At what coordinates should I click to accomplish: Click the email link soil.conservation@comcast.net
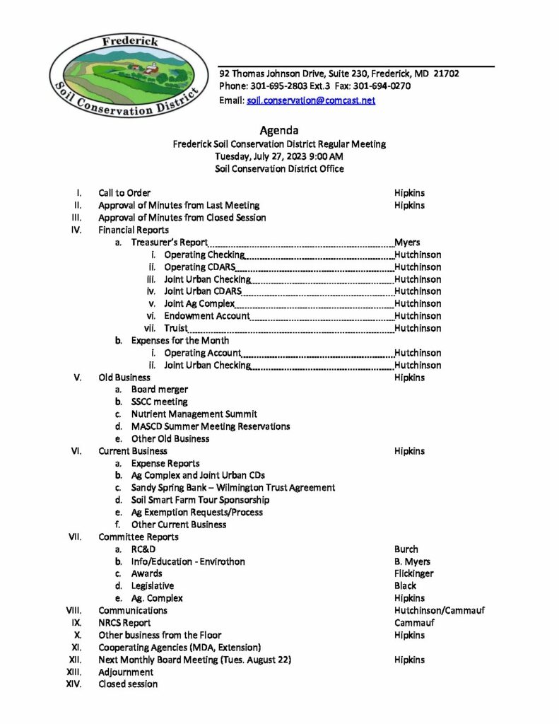[311, 100]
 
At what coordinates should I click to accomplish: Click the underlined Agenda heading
[279, 130]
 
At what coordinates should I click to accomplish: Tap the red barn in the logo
[150, 69]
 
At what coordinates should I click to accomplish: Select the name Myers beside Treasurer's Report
[407, 242]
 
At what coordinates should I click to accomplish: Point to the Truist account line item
[176, 328]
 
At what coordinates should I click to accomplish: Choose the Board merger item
[160, 390]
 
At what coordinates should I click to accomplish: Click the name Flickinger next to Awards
[414, 573]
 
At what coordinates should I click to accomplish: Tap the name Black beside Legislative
[405, 585]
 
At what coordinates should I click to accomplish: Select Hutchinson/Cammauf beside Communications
[439, 610]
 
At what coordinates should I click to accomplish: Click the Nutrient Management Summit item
[194, 414]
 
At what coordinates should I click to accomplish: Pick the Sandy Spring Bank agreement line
[233, 488]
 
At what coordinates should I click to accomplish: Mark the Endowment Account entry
[206, 316]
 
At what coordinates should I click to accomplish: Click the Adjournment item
[126, 672]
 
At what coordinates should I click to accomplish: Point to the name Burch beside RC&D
[406, 549]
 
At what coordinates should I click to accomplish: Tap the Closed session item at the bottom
[128, 684]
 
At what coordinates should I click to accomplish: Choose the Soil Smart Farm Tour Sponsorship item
[200, 500]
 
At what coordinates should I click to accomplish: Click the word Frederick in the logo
[131, 42]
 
